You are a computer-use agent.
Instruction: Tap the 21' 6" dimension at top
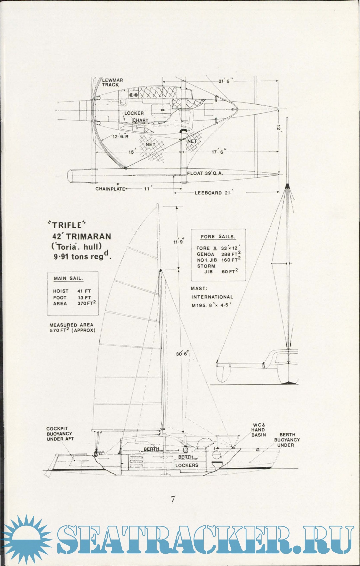pyautogui.click(x=226, y=81)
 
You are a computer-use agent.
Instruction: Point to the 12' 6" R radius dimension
pyautogui.click(x=120, y=137)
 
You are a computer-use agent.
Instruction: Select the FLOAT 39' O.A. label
pyautogui.click(x=205, y=173)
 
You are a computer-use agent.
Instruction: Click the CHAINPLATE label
pyautogui.click(x=110, y=189)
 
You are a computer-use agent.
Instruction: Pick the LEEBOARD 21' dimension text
pyautogui.click(x=213, y=193)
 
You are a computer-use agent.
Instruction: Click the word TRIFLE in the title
pyautogui.click(x=67, y=226)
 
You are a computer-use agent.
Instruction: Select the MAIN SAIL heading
pyautogui.click(x=68, y=279)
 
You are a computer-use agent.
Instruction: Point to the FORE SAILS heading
pyautogui.click(x=218, y=237)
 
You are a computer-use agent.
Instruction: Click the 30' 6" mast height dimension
pyautogui.click(x=182, y=354)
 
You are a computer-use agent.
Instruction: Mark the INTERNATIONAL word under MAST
pyautogui.click(x=212, y=297)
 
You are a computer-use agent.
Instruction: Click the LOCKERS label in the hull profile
pyautogui.click(x=187, y=465)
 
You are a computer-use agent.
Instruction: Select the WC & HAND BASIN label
pyautogui.click(x=259, y=430)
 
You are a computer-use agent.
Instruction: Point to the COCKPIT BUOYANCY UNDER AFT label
pyautogui.click(x=60, y=434)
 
